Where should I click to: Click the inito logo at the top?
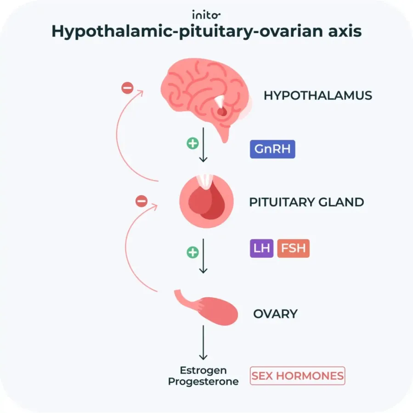click(x=206, y=14)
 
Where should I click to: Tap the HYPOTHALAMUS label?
click(x=318, y=96)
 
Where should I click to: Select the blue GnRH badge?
click(x=272, y=150)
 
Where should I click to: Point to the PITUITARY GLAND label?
click(x=306, y=202)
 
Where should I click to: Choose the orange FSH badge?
click(x=293, y=249)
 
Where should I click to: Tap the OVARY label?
click(x=276, y=314)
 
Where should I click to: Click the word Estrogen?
click(x=203, y=370)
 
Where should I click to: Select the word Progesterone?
click(x=203, y=382)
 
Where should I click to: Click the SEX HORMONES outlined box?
click(x=298, y=376)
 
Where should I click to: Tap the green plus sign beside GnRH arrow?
click(x=192, y=143)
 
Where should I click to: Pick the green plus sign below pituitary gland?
click(x=192, y=252)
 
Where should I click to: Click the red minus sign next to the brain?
click(x=127, y=87)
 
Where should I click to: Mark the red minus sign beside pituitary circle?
click(x=141, y=201)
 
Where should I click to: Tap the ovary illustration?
click(x=211, y=308)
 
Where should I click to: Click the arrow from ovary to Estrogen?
click(x=203, y=342)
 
